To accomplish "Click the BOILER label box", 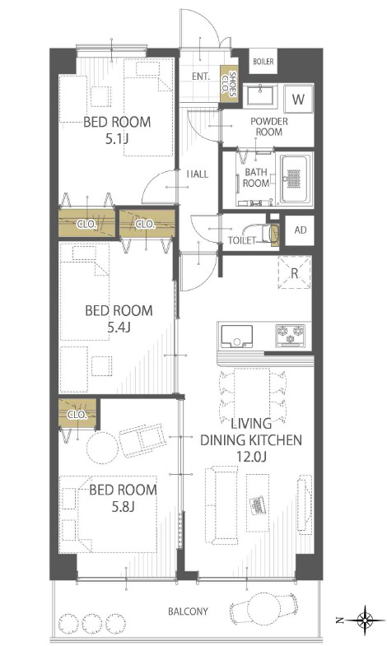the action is click(263, 62).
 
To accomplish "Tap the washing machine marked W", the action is click(298, 99).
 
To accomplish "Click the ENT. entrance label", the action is click(201, 77).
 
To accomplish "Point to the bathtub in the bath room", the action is click(294, 179).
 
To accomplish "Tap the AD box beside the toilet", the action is click(300, 230).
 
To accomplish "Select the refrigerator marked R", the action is click(294, 273).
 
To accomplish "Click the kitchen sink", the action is click(236, 337).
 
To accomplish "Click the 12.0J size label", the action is click(251, 456).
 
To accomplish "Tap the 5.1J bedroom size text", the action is click(117, 139).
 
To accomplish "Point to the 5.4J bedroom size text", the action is click(119, 328).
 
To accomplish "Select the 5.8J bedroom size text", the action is click(123, 507).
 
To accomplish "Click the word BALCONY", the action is click(188, 611).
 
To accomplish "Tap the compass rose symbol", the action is click(365, 620).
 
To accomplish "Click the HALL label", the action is click(198, 174).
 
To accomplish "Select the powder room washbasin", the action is click(260, 95).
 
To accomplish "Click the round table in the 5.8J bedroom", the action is click(102, 448).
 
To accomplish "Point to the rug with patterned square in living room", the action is click(258, 503).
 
